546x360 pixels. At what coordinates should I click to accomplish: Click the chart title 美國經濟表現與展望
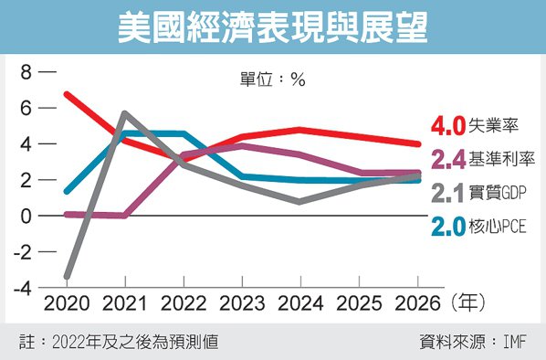coord(273,27)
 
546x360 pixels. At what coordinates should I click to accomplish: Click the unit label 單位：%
coord(272,79)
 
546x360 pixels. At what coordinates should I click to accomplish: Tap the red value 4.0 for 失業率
coord(447,125)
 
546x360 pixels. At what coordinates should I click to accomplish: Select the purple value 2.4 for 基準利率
coord(447,161)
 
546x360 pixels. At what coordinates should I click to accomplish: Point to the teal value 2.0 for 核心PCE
coord(447,228)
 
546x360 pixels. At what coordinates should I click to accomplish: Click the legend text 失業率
coord(489,125)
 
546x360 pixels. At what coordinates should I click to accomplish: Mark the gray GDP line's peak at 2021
coord(124,113)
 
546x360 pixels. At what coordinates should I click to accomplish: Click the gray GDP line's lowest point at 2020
coord(68,276)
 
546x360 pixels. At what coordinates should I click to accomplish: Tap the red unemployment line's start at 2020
coord(67,94)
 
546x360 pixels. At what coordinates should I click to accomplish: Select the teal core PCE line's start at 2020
coord(67,192)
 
